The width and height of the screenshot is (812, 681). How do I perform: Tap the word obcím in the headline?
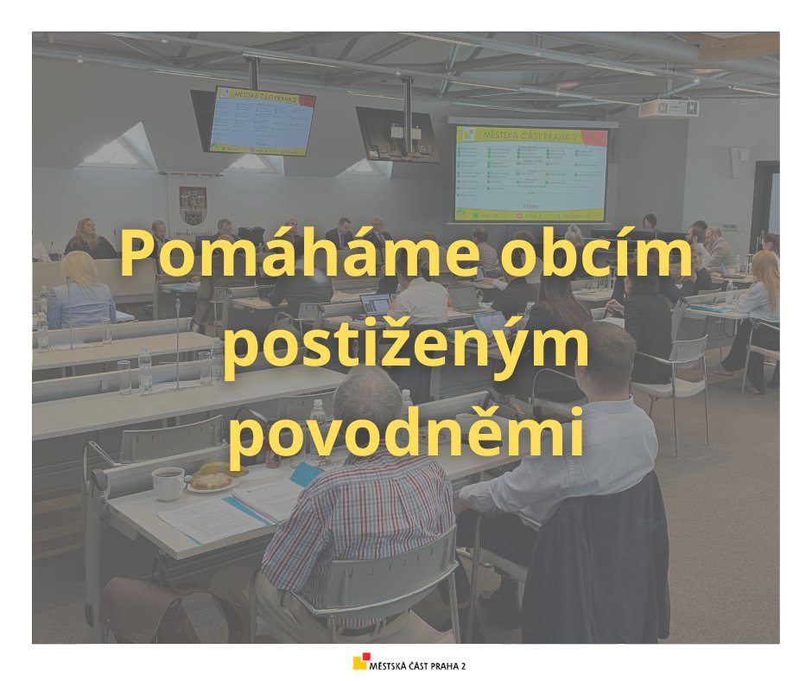pos(599,257)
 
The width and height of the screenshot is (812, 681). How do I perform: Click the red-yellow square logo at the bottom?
pos(359,663)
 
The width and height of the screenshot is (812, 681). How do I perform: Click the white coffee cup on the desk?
pos(168,482)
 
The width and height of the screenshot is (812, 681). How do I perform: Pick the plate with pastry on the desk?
pos(210,482)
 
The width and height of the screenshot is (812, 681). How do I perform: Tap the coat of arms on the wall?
pos(193,206)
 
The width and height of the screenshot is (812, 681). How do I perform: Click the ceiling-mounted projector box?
pos(668,108)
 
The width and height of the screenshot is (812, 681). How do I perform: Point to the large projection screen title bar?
pos(531,137)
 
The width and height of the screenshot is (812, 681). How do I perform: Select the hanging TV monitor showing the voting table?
pos(262,121)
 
